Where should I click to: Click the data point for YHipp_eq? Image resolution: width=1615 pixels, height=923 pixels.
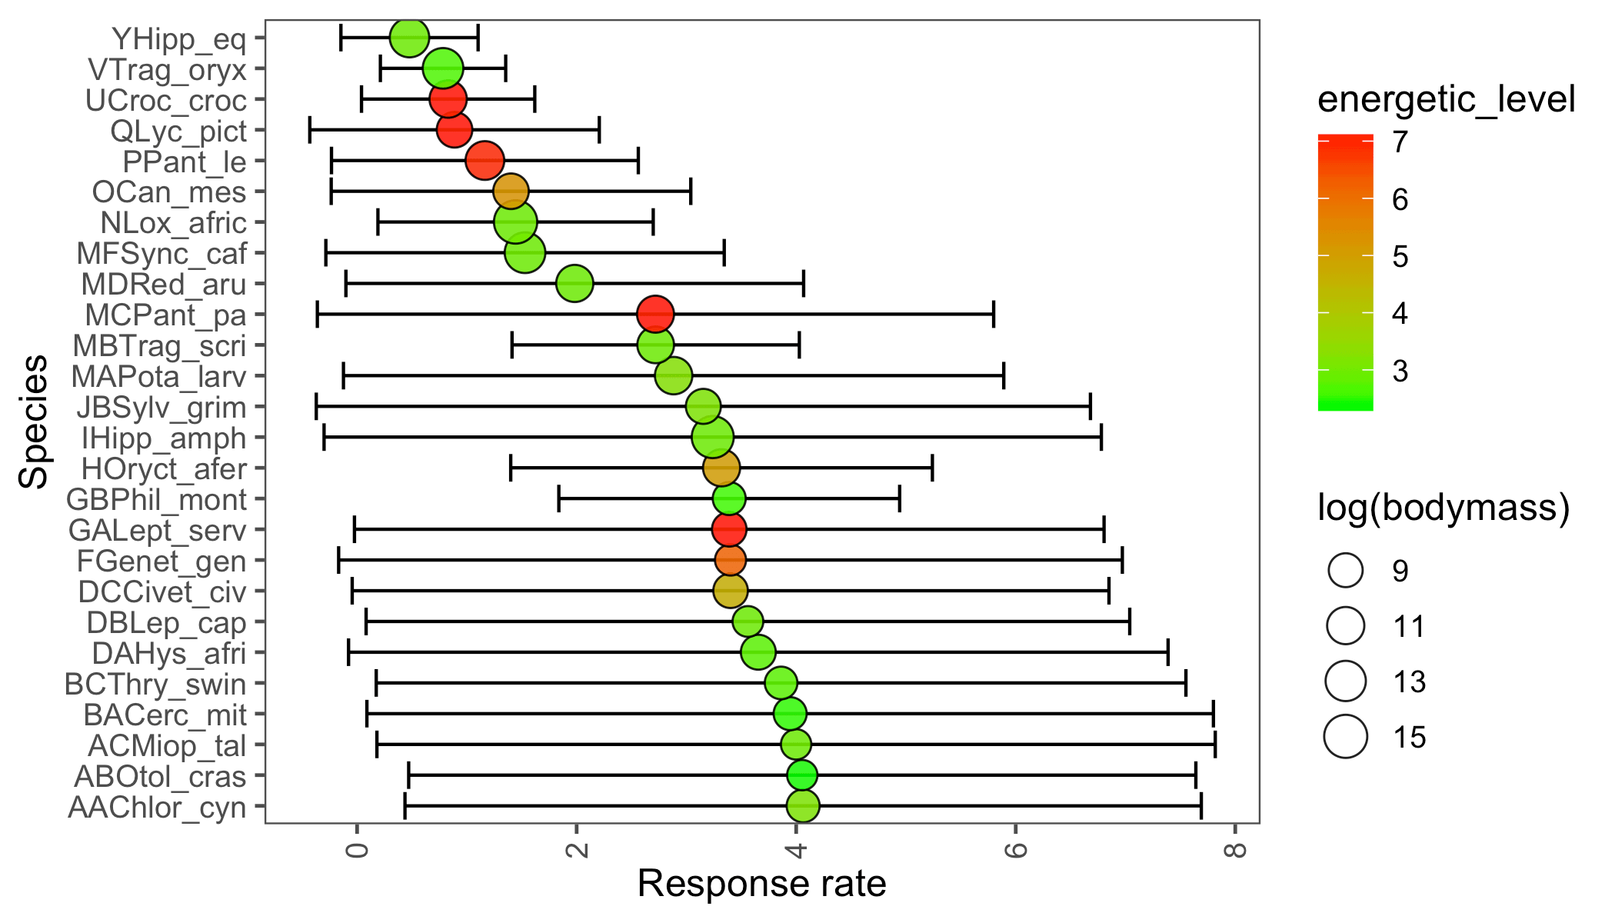coord(409,38)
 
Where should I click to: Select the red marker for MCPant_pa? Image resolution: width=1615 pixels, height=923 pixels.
coord(655,315)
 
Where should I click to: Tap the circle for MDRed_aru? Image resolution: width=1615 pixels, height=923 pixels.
coord(574,284)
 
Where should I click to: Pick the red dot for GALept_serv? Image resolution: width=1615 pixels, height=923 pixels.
coord(729,530)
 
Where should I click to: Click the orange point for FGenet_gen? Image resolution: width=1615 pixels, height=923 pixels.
coord(730,561)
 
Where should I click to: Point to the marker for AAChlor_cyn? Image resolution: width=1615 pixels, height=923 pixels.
coord(803,806)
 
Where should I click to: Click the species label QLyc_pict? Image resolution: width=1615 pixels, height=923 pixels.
coord(178,131)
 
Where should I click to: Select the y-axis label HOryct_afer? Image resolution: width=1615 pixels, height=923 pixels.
coord(164,468)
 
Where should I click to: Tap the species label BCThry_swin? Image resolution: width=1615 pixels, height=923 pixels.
coord(155,684)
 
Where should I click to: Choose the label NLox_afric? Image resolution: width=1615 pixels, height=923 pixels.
coord(174,223)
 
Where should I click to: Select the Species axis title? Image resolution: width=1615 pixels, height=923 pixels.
coord(34,422)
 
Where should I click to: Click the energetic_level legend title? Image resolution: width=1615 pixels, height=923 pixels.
coord(1446,100)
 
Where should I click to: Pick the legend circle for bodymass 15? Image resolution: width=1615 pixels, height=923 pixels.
coord(1346,737)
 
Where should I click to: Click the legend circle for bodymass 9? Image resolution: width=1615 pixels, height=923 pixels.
coord(1346,571)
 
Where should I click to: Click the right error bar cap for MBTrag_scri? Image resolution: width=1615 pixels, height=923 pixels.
coord(799,345)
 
